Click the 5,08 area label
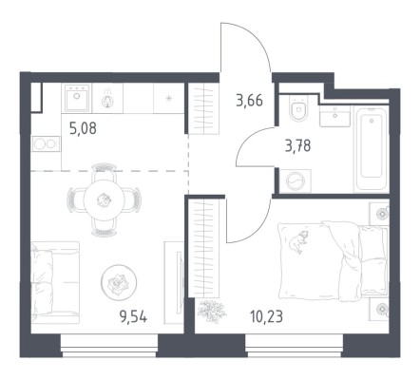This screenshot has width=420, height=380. point(83,129)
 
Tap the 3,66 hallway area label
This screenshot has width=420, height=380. point(249,101)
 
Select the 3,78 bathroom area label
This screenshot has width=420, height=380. point(297,146)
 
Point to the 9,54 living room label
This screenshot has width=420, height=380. point(133,316)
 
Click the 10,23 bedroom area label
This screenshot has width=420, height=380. point(266,316)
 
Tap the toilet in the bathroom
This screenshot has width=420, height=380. point(299,108)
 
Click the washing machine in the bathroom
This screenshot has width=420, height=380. point(296,181)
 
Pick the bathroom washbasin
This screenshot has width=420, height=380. point(334,116)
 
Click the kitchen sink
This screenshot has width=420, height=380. point(77,98)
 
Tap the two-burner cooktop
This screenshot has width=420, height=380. point(46,143)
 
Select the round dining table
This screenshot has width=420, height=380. point(104,200)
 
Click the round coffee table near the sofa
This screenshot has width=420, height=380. point(119,282)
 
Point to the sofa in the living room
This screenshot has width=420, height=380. point(55,282)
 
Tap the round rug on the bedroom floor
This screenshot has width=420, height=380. point(212,312)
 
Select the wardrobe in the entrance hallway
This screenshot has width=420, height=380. point(203,108)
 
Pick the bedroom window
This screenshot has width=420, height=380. point(294,346)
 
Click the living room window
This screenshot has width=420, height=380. point(109,346)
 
